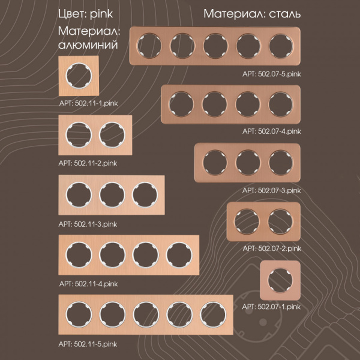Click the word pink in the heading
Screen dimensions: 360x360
coord(101,14)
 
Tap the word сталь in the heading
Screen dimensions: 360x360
coord(284,14)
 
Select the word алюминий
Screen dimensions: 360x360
coord(88,45)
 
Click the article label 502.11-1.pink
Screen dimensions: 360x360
coord(96,103)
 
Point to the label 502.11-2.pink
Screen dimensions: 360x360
coord(95,163)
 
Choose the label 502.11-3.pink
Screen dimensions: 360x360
coord(95,224)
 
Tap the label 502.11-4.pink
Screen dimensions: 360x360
coord(96,284)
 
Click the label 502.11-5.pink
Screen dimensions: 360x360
coord(95,344)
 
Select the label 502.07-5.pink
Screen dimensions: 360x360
coord(280,74)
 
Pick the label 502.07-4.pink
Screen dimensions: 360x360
coord(280,131)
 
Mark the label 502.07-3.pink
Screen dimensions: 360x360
coord(279,191)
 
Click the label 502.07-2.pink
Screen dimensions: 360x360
coord(280,248)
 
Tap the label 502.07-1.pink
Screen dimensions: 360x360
coord(279,307)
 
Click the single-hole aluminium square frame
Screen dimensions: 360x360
coord(79,76)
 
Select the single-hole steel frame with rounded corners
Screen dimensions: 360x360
coord(280,280)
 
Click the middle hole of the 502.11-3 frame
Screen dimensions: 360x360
coord(112,195)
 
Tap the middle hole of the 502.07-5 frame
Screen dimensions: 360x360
coord(215,46)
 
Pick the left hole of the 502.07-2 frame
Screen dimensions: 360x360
coord(247,222)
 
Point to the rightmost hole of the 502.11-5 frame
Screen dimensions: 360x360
coord(213,315)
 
